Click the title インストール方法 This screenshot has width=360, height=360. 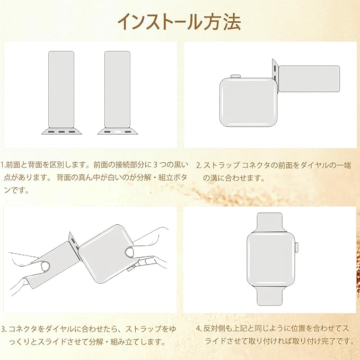pos(179,22)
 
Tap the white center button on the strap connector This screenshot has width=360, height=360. pos(118,132)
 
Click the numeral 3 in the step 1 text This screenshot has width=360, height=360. pos(155,164)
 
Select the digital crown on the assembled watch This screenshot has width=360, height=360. pos(296,248)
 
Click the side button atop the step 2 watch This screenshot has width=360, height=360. pos(235,76)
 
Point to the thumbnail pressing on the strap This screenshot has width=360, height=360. pos(45,266)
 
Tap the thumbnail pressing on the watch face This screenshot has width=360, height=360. pos(130,252)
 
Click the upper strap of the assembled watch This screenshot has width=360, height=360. pos(269,222)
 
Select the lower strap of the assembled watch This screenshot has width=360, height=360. pos(269,296)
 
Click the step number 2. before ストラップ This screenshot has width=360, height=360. pos(199,165)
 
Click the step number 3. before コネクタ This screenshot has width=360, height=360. pos(4,329)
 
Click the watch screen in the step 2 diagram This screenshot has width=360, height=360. pos(249,102)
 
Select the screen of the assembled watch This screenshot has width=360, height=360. pos(270,259)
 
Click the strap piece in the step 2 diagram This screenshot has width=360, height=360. pos(309,79)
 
